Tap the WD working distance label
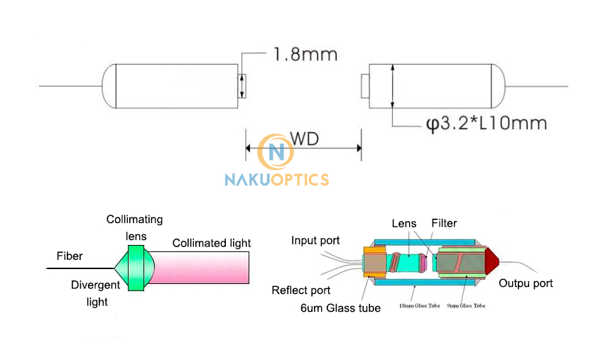pos(303,138)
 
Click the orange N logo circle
pos(276,152)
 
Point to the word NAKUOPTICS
pos(276,179)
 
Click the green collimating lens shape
pos(136,268)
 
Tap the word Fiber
pos(70,256)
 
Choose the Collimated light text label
pos(212,243)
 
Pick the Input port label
pos(315,241)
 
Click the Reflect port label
pos(301,290)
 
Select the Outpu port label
pos(526,283)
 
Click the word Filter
pos(445,223)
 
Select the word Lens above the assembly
pos(404,223)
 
